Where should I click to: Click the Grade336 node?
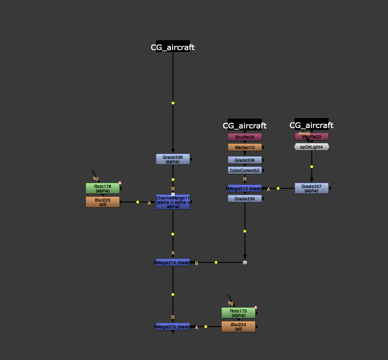click(x=173, y=159)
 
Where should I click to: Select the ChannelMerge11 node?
click(x=173, y=202)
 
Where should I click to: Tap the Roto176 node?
click(x=102, y=188)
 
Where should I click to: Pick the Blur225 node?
click(x=102, y=202)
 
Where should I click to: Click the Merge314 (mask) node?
click(x=173, y=262)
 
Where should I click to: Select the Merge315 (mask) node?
click(x=173, y=327)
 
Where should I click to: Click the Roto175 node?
click(x=238, y=313)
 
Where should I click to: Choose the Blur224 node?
click(x=238, y=327)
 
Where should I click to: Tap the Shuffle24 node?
click(x=245, y=137)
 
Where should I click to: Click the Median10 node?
click(x=245, y=147)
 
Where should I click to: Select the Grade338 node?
click(x=245, y=160)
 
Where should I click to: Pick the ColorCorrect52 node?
click(x=245, y=170)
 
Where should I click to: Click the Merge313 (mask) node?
click(x=245, y=188)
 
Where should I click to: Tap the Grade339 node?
click(x=245, y=199)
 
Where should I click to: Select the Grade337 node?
click(x=311, y=188)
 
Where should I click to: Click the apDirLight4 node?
click(x=311, y=147)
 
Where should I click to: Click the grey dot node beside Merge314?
click(x=245, y=262)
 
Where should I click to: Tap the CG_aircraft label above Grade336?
click(x=173, y=48)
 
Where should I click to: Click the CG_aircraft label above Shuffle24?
click(x=245, y=125)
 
